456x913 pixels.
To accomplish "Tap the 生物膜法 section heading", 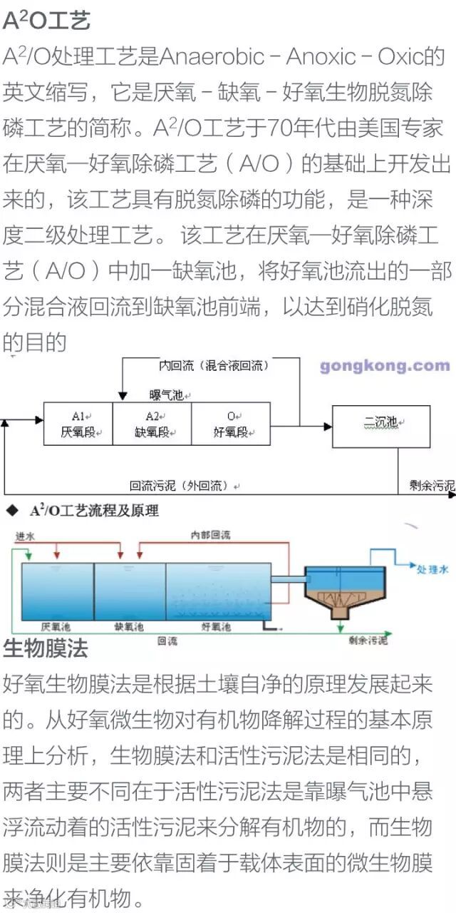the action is pos(46,648).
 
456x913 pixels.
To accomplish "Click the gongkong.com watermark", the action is pos(385,366).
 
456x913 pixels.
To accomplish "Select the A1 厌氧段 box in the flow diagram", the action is pos(78,424).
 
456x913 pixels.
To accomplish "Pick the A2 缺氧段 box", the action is pos(152,424).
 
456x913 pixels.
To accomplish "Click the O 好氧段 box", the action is pos(231,424).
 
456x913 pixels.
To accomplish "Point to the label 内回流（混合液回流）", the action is pos(213,365).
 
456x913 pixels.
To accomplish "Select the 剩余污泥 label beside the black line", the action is pos(432,485).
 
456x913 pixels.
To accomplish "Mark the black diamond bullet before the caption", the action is pos(12,511).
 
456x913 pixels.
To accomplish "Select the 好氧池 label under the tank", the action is pos(217,628).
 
